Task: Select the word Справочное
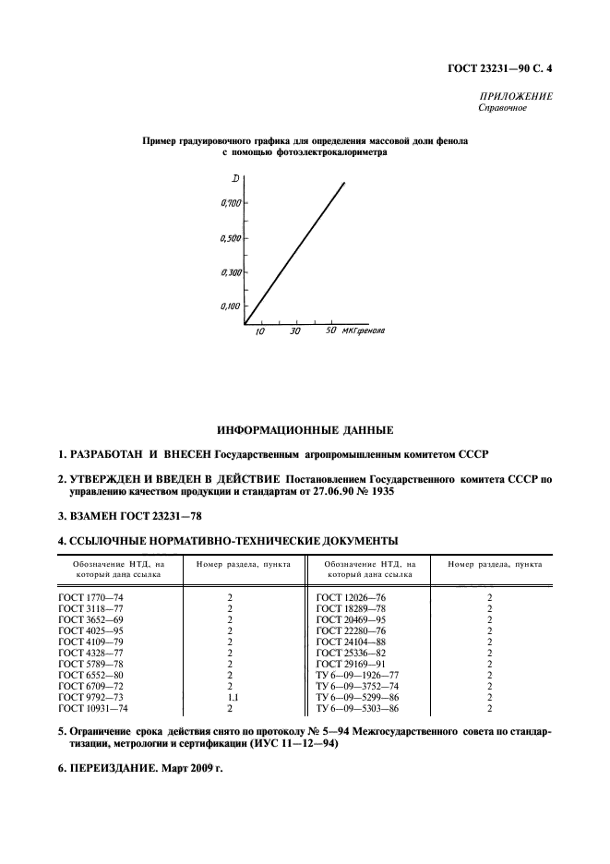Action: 502,109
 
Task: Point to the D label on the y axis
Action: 235,177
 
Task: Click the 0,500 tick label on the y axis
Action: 231,238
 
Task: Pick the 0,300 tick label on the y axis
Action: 231,272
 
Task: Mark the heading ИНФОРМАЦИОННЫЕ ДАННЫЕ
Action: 305,430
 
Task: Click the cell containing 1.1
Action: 233,698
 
